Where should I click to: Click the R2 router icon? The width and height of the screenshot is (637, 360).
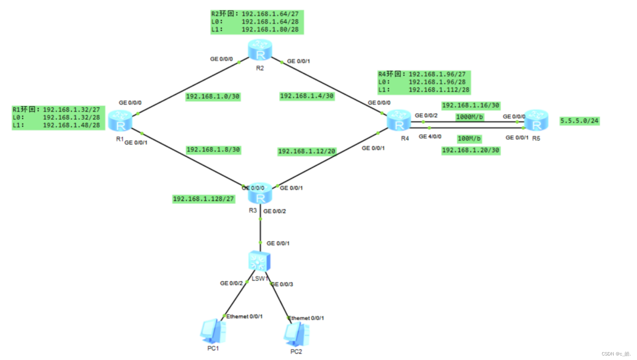tap(260, 50)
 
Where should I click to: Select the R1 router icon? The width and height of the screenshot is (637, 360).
tap(121, 121)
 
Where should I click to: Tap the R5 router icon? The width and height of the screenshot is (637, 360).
tap(536, 120)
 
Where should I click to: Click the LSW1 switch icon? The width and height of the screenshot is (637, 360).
tap(259, 261)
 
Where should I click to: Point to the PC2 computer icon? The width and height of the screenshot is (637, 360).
tap(296, 334)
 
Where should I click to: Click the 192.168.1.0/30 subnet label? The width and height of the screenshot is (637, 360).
tap(212, 97)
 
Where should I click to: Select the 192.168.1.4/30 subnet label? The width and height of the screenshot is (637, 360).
tap(307, 96)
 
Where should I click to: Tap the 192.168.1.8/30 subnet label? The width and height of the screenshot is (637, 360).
tap(213, 150)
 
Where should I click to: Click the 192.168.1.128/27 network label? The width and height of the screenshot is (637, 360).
tap(203, 199)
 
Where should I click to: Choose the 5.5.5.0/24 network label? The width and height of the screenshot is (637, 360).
tap(579, 121)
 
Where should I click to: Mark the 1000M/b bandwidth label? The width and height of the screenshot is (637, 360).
tap(469, 117)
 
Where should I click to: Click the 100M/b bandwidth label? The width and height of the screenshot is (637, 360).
tap(469, 139)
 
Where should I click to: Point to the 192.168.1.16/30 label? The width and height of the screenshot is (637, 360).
tap(471, 106)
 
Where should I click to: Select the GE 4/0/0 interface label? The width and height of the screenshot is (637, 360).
tap(430, 137)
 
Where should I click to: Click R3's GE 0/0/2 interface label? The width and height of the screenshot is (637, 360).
tap(275, 212)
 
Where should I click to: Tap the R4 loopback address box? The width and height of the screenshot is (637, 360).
tap(424, 82)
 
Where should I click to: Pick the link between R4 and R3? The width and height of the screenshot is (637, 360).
tap(328, 159)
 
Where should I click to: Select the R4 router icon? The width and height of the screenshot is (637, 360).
tap(399, 121)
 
